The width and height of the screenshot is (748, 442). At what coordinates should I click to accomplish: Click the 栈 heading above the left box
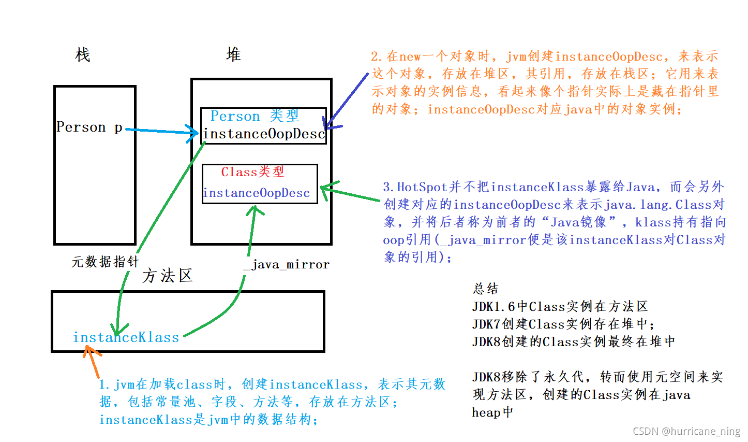(x=83, y=54)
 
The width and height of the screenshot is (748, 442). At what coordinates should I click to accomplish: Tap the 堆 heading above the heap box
(x=233, y=54)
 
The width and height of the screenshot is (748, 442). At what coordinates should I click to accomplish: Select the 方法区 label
(x=167, y=276)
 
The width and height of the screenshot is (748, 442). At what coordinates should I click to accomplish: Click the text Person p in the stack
(x=89, y=127)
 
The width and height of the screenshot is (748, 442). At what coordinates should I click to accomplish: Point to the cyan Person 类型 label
(x=255, y=116)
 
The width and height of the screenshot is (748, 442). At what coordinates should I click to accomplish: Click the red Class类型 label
(x=252, y=172)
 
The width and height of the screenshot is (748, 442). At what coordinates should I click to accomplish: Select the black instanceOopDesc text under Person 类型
(x=263, y=134)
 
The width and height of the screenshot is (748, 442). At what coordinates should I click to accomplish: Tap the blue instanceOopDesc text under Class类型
(x=257, y=193)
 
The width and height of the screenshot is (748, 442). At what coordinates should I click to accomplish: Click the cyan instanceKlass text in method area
(x=126, y=337)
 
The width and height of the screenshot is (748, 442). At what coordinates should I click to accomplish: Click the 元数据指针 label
(x=105, y=262)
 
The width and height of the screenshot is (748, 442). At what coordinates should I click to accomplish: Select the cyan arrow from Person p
(x=160, y=131)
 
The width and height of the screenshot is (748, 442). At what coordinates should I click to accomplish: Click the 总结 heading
(x=485, y=289)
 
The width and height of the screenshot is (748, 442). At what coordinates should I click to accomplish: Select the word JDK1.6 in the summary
(x=494, y=307)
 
